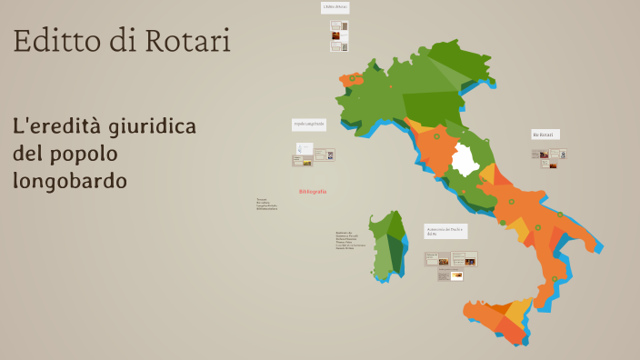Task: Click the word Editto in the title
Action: tap(51, 41)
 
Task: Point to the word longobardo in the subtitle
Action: tap(70, 181)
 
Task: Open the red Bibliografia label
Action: tap(312, 192)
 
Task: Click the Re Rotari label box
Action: tap(545, 135)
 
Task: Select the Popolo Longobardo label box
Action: tap(309, 124)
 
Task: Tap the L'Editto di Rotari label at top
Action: tap(335, 7)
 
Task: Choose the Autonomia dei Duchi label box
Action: tap(445, 231)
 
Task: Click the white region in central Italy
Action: tap(466, 162)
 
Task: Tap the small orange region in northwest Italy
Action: tap(350, 79)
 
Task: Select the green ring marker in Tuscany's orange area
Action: tap(436, 137)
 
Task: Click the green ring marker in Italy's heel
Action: tap(559, 215)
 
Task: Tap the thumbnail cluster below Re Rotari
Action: tap(549, 157)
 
